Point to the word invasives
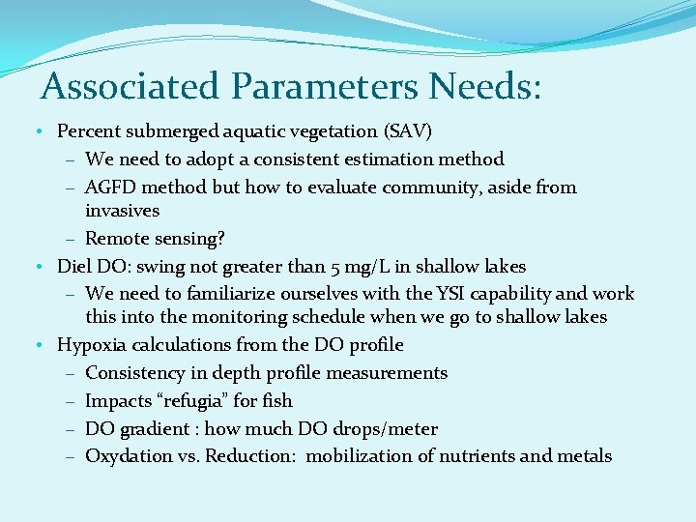[x=122, y=210]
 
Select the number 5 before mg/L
[x=391, y=266]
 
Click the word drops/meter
[x=390, y=428]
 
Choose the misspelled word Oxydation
[x=125, y=456]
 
